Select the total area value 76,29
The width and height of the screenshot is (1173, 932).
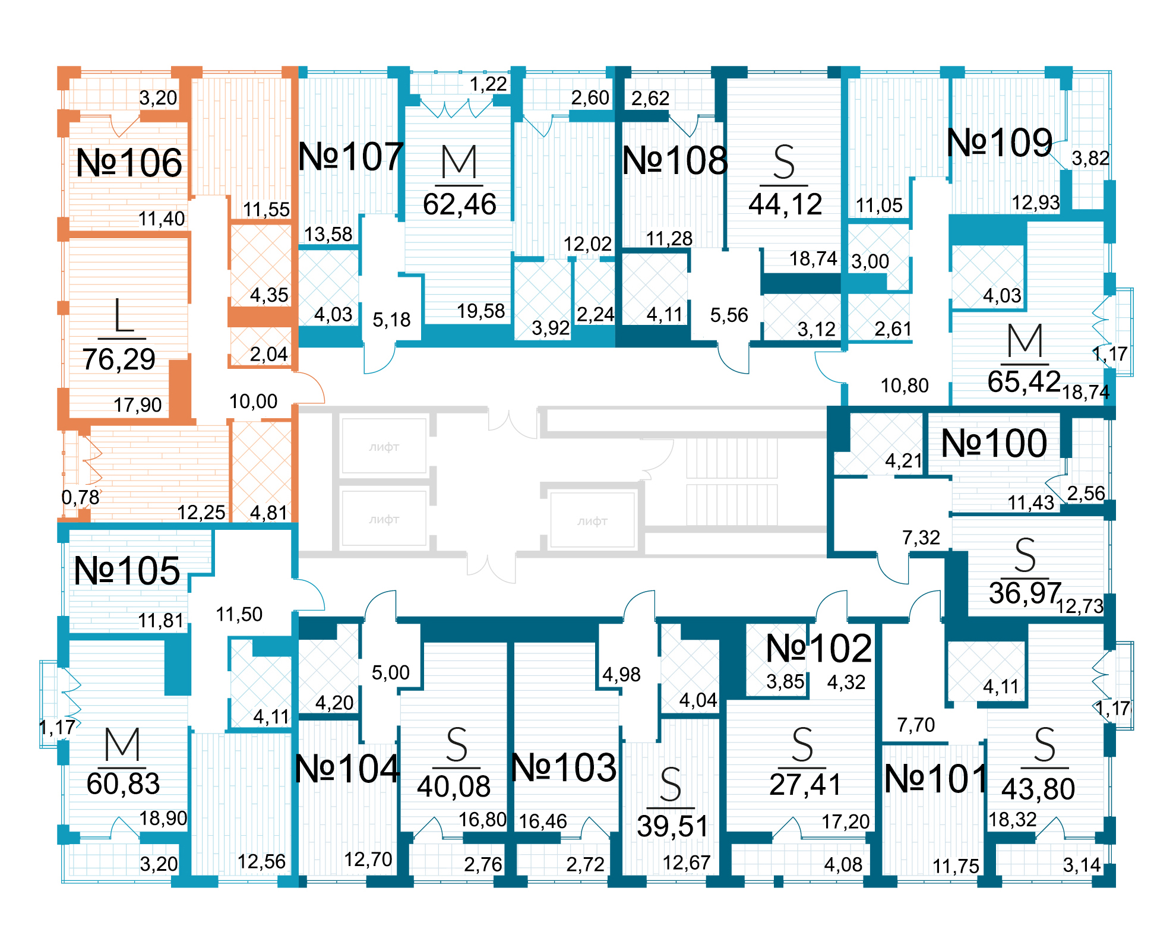pos(119,359)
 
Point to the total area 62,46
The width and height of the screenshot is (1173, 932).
pos(460,204)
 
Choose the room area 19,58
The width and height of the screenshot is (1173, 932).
pos(480,311)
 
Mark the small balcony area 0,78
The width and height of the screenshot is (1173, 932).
pos(80,497)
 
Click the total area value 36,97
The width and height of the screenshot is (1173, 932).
pos(1025,593)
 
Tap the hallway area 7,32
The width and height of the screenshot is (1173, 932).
pos(921,538)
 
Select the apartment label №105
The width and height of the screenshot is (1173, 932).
pos(127,571)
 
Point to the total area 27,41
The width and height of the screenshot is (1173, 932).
pos(805,785)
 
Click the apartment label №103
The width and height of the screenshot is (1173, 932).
pos(564,767)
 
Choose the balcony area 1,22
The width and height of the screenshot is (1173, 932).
pos(488,84)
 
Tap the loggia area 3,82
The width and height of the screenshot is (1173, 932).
pos(1090,158)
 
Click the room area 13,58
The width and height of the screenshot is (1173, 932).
pos(328,234)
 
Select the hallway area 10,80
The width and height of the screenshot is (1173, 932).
pos(905,386)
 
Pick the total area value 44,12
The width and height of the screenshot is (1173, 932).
pos(785,204)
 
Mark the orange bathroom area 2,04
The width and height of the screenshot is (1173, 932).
pos(268,354)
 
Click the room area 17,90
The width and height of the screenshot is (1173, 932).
pos(138,405)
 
